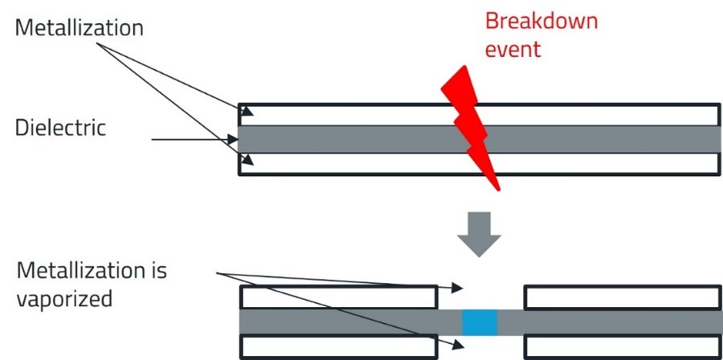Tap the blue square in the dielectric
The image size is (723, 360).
click(480, 322)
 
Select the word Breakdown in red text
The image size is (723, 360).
click(541, 21)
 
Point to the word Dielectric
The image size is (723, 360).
click(60, 128)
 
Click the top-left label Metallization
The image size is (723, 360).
click(79, 28)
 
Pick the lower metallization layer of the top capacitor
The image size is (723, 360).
click(361, 163)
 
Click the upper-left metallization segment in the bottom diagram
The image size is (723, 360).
click(338, 297)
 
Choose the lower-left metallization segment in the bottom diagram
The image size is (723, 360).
click(338, 347)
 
